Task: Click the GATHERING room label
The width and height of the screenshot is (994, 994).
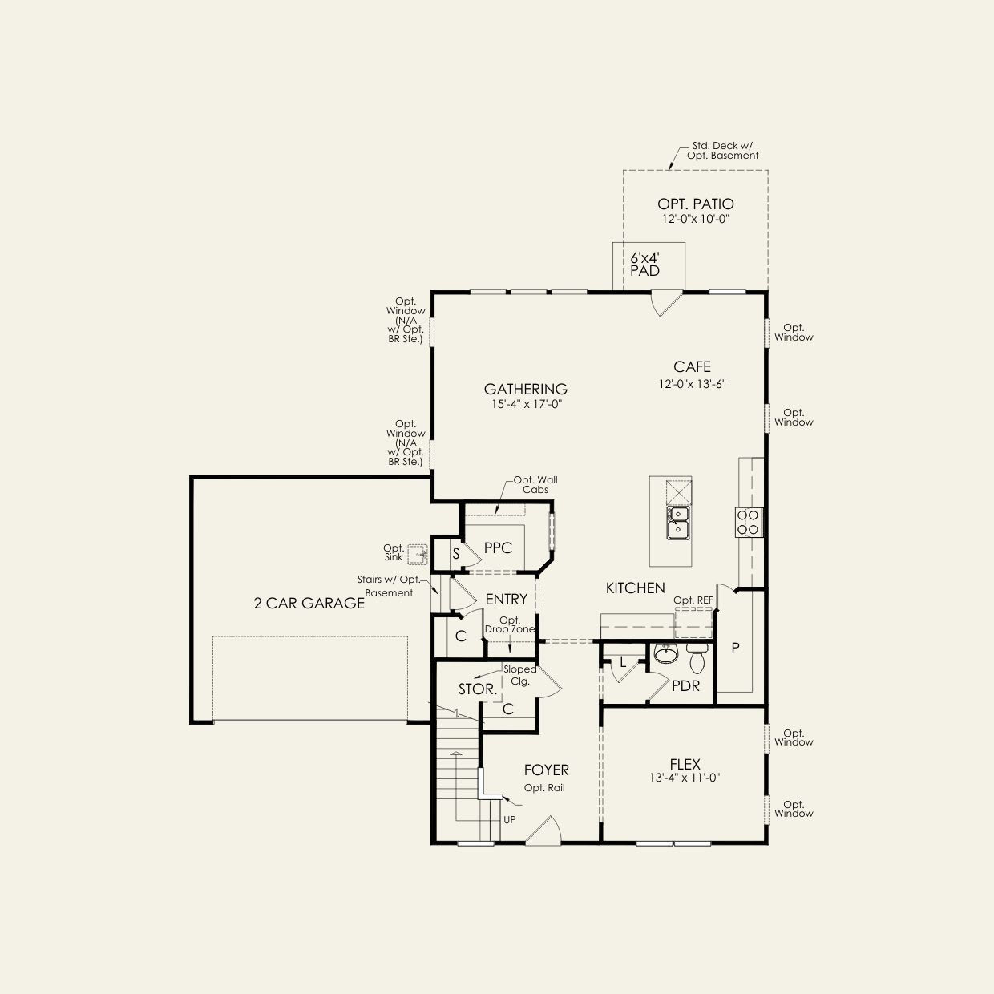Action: (x=526, y=389)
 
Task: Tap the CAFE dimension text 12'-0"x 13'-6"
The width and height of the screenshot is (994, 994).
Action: (x=693, y=384)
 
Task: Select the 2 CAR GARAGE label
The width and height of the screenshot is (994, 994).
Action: (x=309, y=603)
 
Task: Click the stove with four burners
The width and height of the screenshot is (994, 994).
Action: (x=749, y=523)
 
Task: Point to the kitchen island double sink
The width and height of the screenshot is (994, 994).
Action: (x=678, y=523)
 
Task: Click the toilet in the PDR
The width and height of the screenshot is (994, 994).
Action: (x=697, y=660)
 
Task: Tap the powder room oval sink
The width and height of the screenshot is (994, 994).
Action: (x=666, y=653)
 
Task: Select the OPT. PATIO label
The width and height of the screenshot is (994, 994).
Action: (x=695, y=204)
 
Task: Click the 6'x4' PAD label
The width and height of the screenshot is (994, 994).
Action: (x=644, y=264)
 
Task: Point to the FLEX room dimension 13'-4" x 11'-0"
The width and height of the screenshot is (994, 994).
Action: (x=685, y=778)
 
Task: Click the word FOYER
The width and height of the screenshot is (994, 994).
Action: (x=546, y=770)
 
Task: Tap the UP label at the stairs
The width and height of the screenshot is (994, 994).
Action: (x=510, y=820)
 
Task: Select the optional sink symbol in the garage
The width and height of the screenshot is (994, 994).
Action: (x=418, y=555)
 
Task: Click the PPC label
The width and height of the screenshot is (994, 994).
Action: (x=498, y=548)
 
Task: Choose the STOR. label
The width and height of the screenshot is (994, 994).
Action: (x=478, y=689)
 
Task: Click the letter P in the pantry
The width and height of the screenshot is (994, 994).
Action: (x=736, y=649)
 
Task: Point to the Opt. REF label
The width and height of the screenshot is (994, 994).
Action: (x=693, y=600)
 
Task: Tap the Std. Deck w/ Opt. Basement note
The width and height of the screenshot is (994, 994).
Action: (x=723, y=151)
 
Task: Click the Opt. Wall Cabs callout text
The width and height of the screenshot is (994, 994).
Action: (x=535, y=485)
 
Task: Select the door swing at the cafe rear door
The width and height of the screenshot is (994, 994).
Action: (x=666, y=304)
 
